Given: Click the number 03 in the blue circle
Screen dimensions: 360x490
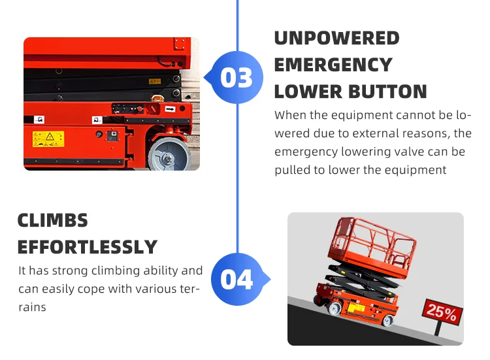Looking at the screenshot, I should (x=237, y=78).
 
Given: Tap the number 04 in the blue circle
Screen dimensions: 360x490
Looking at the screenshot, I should (x=237, y=279).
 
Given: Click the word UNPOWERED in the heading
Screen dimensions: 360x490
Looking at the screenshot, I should (x=336, y=38).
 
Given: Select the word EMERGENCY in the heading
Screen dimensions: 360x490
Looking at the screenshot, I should (x=333, y=65).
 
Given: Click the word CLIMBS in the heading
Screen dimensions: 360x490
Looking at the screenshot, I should (x=52, y=220).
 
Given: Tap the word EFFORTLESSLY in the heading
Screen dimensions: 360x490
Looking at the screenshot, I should (x=88, y=248).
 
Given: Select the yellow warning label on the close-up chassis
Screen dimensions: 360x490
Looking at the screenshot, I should (x=48, y=139).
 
